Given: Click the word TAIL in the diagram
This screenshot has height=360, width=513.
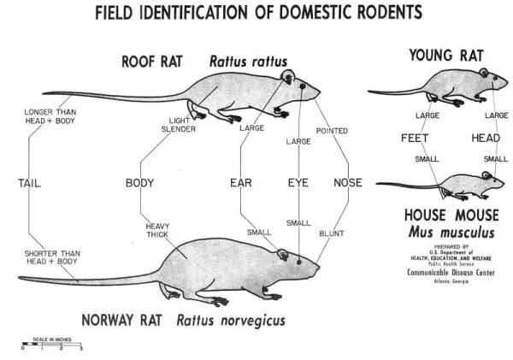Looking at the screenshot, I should tap(29, 182).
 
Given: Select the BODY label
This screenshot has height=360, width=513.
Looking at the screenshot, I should tap(139, 182).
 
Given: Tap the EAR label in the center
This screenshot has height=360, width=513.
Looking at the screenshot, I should tap(241, 182).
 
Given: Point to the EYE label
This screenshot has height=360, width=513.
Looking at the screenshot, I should tap(298, 182).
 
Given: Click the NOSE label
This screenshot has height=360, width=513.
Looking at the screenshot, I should tap(347, 182).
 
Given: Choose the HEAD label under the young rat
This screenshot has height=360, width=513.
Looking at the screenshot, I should tap(486, 138).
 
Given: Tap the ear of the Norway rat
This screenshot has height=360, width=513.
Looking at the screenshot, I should tap(282, 253).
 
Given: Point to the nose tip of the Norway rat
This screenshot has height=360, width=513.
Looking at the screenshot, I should tap(319, 265).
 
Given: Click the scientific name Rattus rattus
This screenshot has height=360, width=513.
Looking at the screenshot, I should tap(248, 62).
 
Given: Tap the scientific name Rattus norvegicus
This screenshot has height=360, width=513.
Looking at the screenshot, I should tap(231, 321).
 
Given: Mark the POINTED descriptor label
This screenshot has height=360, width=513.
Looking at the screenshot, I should tap(332, 131).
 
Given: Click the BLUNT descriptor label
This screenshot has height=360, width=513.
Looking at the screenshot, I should tap(331, 232).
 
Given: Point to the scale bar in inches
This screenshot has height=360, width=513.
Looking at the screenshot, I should tap(50, 345).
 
